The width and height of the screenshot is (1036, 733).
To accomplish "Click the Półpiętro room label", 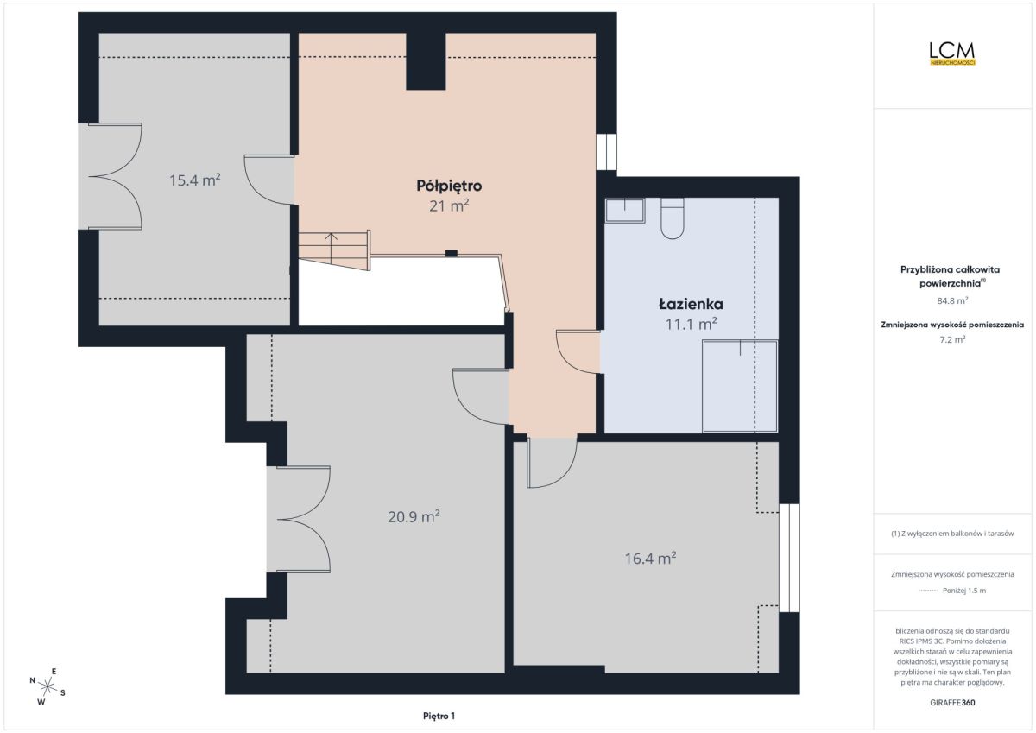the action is [x=449, y=186].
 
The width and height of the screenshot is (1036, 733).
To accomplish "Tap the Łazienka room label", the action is [x=691, y=304].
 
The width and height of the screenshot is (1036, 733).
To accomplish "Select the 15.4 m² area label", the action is [x=194, y=180].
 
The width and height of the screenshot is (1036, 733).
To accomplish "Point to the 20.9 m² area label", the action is [x=414, y=516].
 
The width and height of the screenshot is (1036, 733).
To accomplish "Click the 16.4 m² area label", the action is [x=650, y=559].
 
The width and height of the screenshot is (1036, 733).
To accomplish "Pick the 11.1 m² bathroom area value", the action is [x=691, y=324].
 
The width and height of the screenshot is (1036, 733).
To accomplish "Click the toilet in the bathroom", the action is [x=672, y=218].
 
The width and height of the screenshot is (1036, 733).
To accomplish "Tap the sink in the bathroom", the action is [x=625, y=211].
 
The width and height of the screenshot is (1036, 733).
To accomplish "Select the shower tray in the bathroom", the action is [x=740, y=386].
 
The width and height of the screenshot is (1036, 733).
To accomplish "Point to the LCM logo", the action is [x=952, y=54].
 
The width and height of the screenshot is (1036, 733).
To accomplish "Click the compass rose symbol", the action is [x=47, y=686].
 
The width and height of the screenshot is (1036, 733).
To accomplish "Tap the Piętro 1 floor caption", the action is [x=439, y=716].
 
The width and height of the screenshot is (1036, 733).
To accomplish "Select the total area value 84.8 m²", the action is [x=952, y=300].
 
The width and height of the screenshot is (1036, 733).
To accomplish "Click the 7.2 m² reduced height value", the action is [x=952, y=339].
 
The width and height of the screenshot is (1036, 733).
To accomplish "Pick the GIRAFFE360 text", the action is [x=952, y=703].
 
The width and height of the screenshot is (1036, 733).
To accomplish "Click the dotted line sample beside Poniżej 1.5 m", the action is [x=928, y=591].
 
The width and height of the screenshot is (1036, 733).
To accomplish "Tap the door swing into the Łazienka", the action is [x=578, y=352].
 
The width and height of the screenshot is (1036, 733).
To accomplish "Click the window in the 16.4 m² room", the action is [x=789, y=558].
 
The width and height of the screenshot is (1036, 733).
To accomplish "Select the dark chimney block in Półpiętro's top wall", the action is [x=426, y=61].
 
